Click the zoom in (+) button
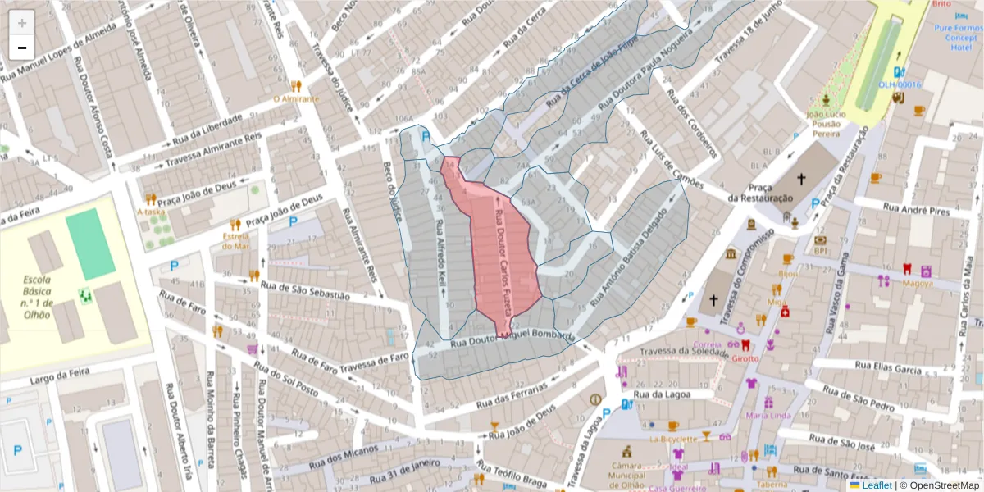click(x=22, y=23)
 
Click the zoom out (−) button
click(x=22, y=48)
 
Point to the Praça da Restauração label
click(x=760, y=193)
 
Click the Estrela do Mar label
click(x=235, y=240)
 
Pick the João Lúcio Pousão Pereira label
click(x=825, y=123)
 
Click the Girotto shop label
click(x=745, y=358)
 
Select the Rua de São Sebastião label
click(x=304, y=289)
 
